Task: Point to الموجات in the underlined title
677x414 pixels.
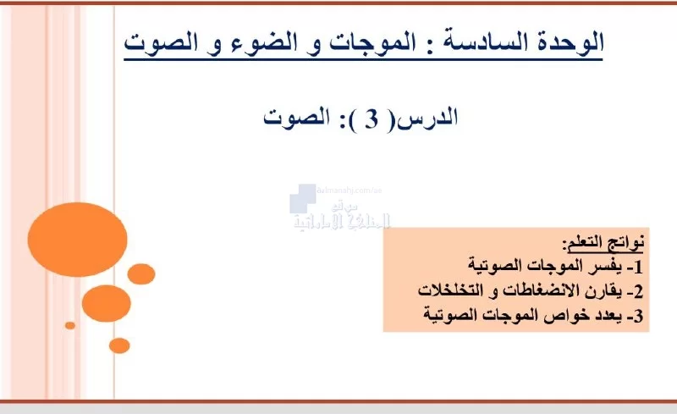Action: pyautogui.click(x=366, y=42)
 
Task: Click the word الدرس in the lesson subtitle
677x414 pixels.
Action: pyautogui.click(x=427, y=118)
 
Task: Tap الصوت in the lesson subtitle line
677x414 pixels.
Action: pyautogui.click(x=297, y=118)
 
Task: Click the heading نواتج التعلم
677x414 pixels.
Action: pyautogui.click(x=603, y=243)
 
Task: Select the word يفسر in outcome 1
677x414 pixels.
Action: pyautogui.click(x=609, y=265)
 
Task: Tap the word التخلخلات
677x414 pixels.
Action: pyautogui.click(x=450, y=290)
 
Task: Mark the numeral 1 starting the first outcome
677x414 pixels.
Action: pyautogui.click(x=639, y=267)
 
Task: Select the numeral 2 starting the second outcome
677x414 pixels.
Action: pyautogui.click(x=639, y=291)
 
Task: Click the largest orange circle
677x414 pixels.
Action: pyautogui.click(x=77, y=240)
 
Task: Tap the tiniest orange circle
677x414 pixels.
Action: pyautogui.click(x=70, y=325)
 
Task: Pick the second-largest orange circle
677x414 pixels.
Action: pyautogui.click(x=107, y=303)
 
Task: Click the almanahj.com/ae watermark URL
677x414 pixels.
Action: pyautogui.click(x=350, y=190)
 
